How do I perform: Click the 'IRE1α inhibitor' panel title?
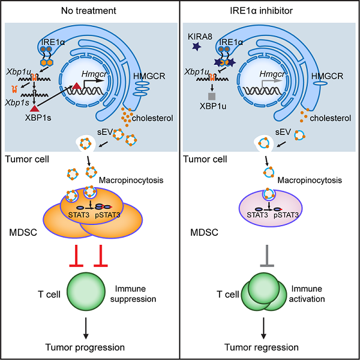click(x=270, y=10)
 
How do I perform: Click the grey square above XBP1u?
click(x=211, y=96)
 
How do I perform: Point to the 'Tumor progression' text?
click(x=90, y=347)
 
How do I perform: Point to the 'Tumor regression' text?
click(x=269, y=347)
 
